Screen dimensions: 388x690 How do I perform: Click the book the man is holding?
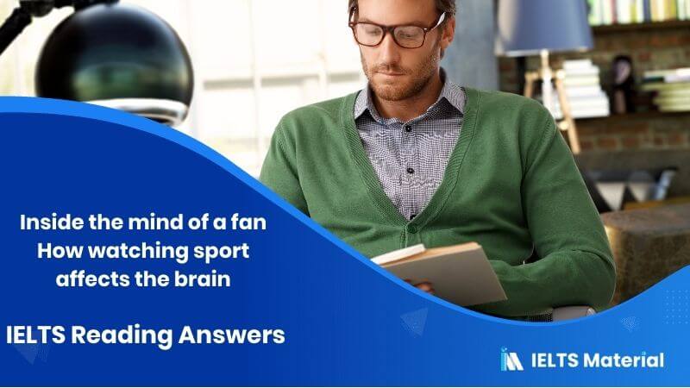click(x=448, y=272)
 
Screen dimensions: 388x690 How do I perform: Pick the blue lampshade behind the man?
click(x=543, y=26)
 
